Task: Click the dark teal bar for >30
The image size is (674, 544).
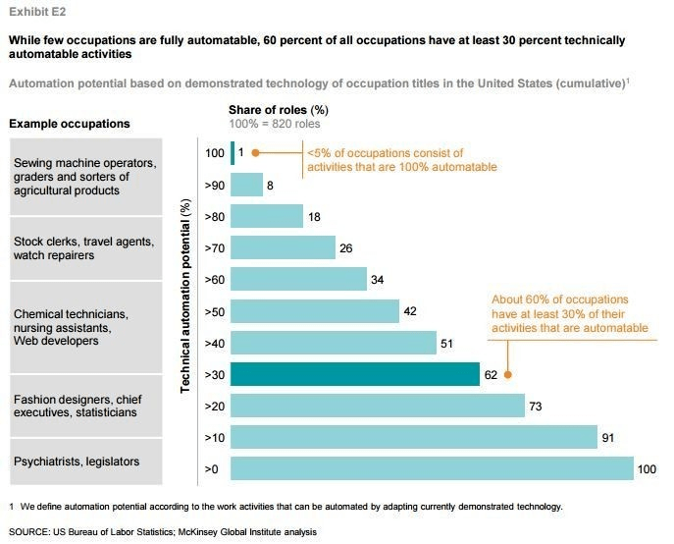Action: pos(354,374)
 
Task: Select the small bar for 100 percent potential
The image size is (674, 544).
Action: pos(233,152)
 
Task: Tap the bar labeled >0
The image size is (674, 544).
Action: pos(432,468)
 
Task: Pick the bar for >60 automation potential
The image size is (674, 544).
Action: pos(298,279)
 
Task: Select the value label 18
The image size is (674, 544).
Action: pos(314,216)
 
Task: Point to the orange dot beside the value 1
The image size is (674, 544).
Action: pos(255,153)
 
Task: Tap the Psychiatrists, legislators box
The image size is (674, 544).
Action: pos(83,461)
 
